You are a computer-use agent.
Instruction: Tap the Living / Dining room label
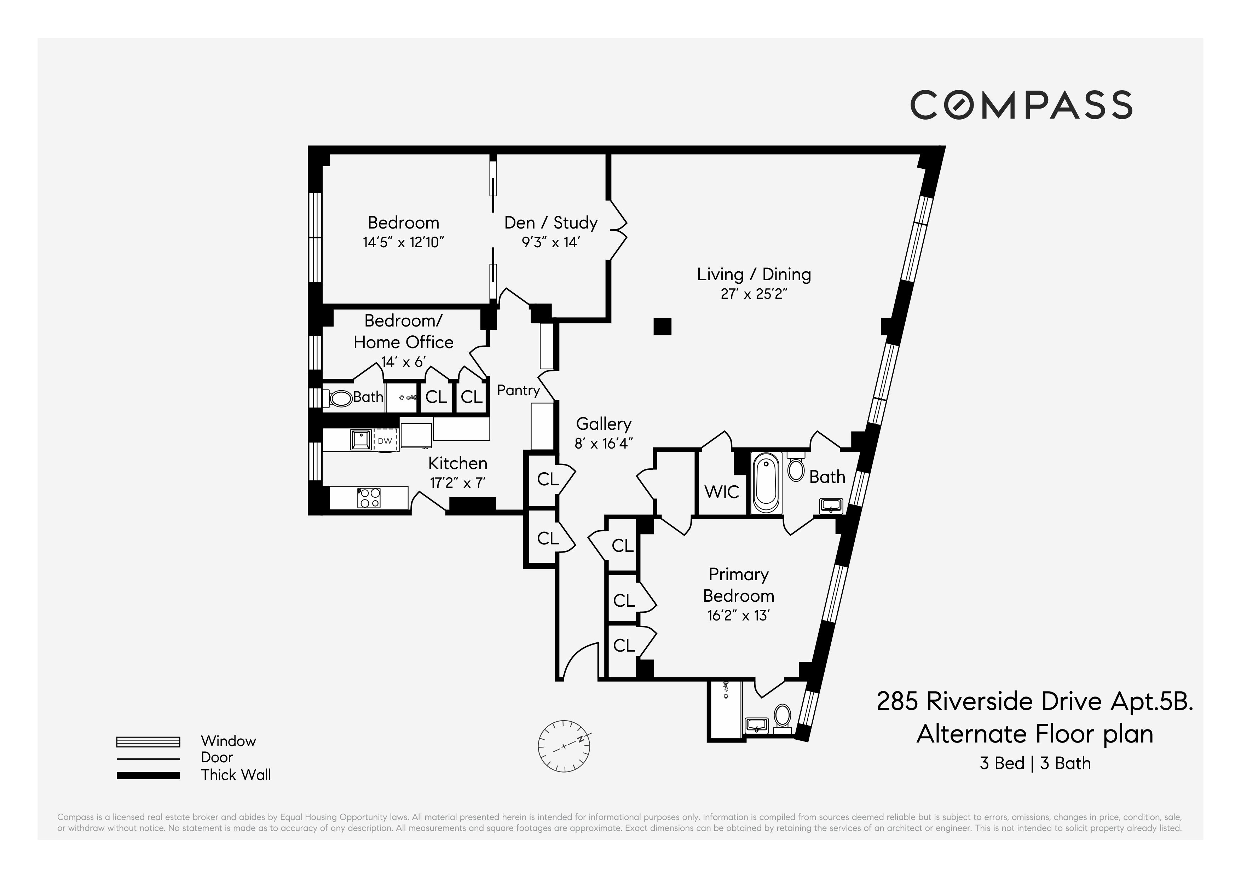754,275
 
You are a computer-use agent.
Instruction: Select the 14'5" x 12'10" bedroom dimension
403,242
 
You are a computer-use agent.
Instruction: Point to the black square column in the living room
662,327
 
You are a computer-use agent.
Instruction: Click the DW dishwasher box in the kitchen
385,441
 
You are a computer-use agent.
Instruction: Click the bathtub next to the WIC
767,483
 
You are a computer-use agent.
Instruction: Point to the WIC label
722,492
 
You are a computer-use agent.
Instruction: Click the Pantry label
518,390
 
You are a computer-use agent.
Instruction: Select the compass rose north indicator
564,746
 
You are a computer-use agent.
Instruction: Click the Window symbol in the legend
148,742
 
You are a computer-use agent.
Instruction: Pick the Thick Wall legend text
236,775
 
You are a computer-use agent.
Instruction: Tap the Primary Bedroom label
738,585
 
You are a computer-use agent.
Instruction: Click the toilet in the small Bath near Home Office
341,398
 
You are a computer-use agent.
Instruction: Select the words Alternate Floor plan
1034,734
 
